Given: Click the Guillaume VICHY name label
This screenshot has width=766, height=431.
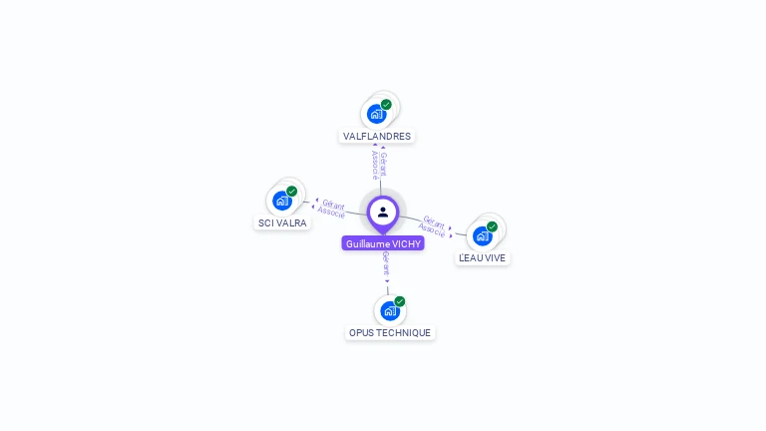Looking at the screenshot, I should [383, 243].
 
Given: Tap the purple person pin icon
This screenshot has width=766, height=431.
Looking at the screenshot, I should [383, 212].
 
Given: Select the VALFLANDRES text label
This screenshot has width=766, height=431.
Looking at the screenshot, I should [377, 136].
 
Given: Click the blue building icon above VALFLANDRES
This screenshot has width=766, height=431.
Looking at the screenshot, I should [376, 113].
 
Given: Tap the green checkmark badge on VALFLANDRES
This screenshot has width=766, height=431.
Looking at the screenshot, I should [386, 104].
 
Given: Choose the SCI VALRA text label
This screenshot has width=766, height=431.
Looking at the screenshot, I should [282, 223].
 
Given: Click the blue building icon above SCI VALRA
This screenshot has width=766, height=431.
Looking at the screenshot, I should [281, 201].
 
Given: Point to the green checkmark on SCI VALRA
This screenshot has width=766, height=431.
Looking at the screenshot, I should [291, 191].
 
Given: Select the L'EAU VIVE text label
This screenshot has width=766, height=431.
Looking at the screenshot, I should [482, 257].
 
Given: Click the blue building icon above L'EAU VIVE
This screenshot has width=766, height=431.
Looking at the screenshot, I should [482, 235].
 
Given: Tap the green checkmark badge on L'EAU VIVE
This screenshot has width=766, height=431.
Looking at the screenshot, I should [492, 226].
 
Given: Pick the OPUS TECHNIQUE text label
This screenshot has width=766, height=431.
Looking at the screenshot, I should [390, 332].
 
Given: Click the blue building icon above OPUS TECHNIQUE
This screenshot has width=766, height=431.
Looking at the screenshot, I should [389, 310].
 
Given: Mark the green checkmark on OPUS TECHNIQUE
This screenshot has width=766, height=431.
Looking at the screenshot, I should [399, 301].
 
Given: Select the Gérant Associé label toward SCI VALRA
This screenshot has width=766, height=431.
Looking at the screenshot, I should [332, 208].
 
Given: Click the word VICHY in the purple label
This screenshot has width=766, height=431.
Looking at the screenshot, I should [406, 243].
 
